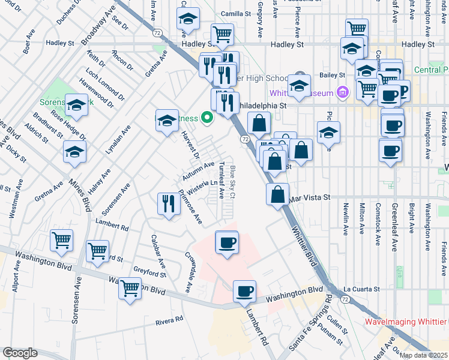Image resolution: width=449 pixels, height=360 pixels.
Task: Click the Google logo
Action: (x=20, y=353)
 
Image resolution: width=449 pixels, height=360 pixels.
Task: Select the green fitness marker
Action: (x=208, y=118)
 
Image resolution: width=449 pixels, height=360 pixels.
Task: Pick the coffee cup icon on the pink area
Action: (x=226, y=242)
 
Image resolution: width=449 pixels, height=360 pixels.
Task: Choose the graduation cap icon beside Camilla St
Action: (x=188, y=19)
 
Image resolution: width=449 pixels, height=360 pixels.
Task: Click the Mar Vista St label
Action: (x=310, y=197)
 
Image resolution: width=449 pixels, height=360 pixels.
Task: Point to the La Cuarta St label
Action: (x=362, y=289)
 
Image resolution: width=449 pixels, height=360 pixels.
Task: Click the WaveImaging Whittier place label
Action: (x=406, y=321)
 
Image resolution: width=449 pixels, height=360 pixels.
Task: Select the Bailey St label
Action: (x=333, y=75)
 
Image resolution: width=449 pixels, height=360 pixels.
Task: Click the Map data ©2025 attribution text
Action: (x=423, y=355)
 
